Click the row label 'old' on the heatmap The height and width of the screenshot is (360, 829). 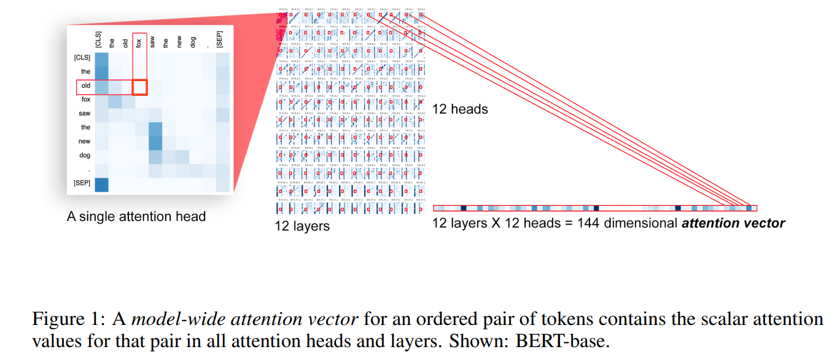coord(86,86)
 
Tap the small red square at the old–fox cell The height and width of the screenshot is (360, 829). coord(140,87)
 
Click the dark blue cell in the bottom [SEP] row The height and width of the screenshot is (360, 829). coord(101,184)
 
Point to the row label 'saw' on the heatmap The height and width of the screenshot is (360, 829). coord(85,114)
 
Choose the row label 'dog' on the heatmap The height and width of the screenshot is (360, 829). coord(85,155)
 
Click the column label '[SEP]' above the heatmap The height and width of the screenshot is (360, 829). coord(220,38)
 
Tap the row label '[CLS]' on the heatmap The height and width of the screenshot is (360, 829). coord(82,58)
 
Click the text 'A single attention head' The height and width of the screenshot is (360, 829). coord(136,216)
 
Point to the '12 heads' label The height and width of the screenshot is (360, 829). coord(460,109)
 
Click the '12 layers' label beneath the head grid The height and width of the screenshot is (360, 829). coord(302,227)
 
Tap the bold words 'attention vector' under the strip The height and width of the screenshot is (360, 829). coord(733,223)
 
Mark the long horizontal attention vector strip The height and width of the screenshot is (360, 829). coord(595,208)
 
